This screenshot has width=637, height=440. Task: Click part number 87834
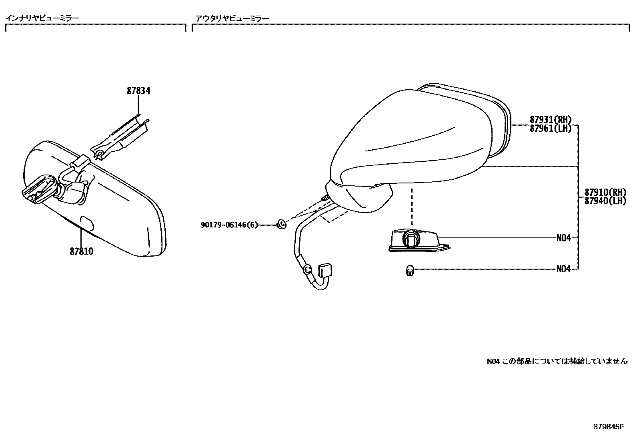click(x=138, y=91)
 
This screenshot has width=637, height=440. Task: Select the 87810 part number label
click(x=81, y=251)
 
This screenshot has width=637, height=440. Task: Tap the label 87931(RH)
click(x=551, y=119)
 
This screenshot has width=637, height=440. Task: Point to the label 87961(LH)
click(x=551, y=128)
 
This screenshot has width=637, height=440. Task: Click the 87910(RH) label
click(x=605, y=192)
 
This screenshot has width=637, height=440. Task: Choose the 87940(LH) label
click(x=605, y=201)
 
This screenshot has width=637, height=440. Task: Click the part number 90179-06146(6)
click(x=229, y=225)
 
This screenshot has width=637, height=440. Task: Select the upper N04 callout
click(x=563, y=238)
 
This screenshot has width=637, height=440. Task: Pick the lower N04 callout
click(x=563, y=269)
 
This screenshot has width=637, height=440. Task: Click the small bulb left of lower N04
click(x=409, y=271)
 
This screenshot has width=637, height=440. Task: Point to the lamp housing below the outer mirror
click(x=416, y=241)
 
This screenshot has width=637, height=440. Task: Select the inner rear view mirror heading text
click(x=42, y=18)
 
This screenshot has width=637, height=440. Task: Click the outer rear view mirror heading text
click(x=232, y=18)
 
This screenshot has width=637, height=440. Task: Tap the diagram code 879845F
click(x=608, y=427)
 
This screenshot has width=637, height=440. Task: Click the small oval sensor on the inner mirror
click(x=86, y=221)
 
